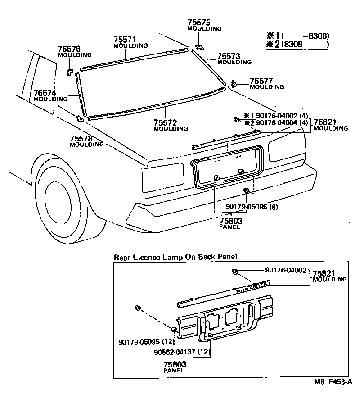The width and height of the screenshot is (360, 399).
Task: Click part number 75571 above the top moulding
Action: tap(125, 40)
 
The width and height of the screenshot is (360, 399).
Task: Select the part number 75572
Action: tap(165, 122)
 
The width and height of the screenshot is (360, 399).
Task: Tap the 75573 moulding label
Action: tap(229, 56)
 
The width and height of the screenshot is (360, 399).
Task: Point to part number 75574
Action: tap(45, 93)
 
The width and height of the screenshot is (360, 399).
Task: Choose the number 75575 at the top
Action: tap(199, 23)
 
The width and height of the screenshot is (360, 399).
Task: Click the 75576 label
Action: tap(69, 49)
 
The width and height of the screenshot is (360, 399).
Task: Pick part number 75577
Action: tap(261, 81)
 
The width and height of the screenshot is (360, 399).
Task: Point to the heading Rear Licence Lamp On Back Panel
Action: tap(175, 258)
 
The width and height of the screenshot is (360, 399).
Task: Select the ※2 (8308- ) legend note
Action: tap(297, 44)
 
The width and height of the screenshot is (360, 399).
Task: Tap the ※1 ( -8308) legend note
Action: tap(297, 36)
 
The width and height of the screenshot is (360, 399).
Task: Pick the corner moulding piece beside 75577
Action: tap(234, 83)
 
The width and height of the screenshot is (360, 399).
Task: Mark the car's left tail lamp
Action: tap(162, 172)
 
